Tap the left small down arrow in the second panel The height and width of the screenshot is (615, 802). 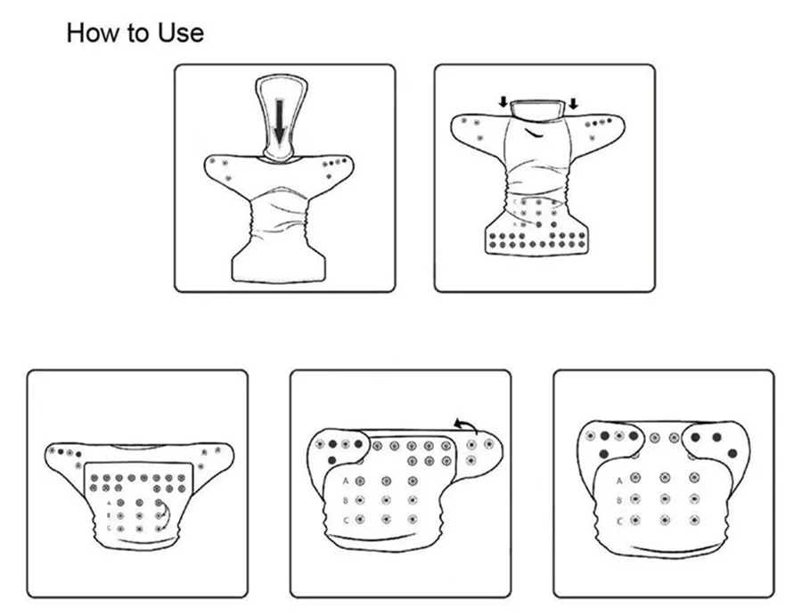tap(505, 103)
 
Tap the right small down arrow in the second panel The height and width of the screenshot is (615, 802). tap(571, 103)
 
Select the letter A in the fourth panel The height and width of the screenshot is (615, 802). tap(344, 481)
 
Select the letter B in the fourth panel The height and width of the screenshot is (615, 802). tap(344, 501)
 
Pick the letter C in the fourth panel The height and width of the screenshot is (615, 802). tap(344, 521)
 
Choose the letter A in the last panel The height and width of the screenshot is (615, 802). tap(618, 481)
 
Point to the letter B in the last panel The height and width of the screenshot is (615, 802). tap(618, 501)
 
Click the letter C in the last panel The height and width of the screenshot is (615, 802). tap(618, 521)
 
